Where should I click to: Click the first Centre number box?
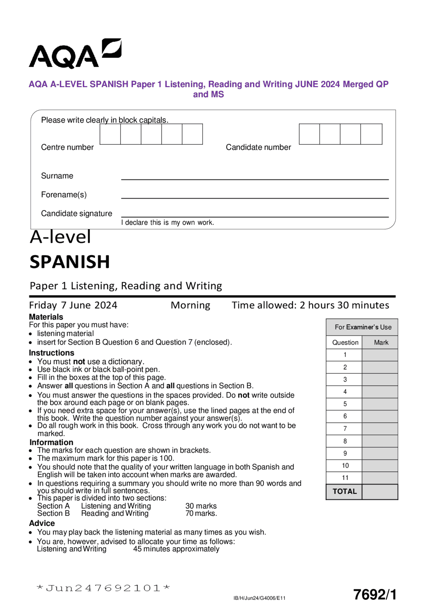click(110, 134)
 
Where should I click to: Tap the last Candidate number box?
click(371, 134)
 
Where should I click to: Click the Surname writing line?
click(254, 176)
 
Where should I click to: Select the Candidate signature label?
click(76, 213)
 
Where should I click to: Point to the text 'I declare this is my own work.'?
click(167, 223)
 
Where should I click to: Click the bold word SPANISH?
click(70, 262)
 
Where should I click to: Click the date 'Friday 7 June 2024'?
click(73, 305)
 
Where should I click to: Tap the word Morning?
click(190, 305)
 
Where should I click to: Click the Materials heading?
click(46, 317)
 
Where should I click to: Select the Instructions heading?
click(51, 353)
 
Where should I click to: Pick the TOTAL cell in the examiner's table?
click(344, 491)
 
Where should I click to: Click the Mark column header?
click(381, 342)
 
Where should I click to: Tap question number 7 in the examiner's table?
click(345, 428)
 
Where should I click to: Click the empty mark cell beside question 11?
click(380, 478)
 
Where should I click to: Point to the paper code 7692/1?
click(374, 594)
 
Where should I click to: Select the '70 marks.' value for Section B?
click(201, 513)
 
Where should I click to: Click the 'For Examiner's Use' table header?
click(363, 327)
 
